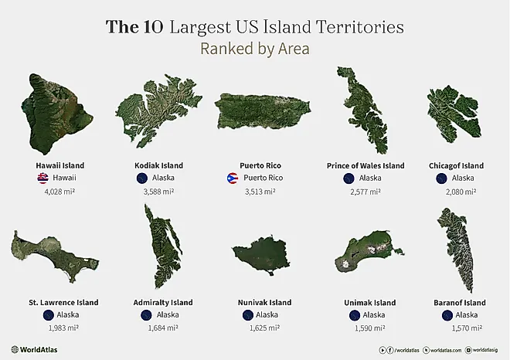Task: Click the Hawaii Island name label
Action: (x=59, y=165)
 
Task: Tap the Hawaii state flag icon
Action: (x=42, y=178)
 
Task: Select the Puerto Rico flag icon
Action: (x=231, y=178)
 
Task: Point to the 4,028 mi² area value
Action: (x=59, y=192)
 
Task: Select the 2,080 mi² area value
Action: (x=455, y=192)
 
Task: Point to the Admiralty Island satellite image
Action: (x=161, y=246)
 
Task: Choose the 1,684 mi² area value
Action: (x=163, y=328)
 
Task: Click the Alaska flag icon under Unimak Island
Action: (x=355, y=315)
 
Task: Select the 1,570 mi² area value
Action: (x=455, y=328)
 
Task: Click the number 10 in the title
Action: (x=150, y=27)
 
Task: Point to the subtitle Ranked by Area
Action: (x=254, y=49)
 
